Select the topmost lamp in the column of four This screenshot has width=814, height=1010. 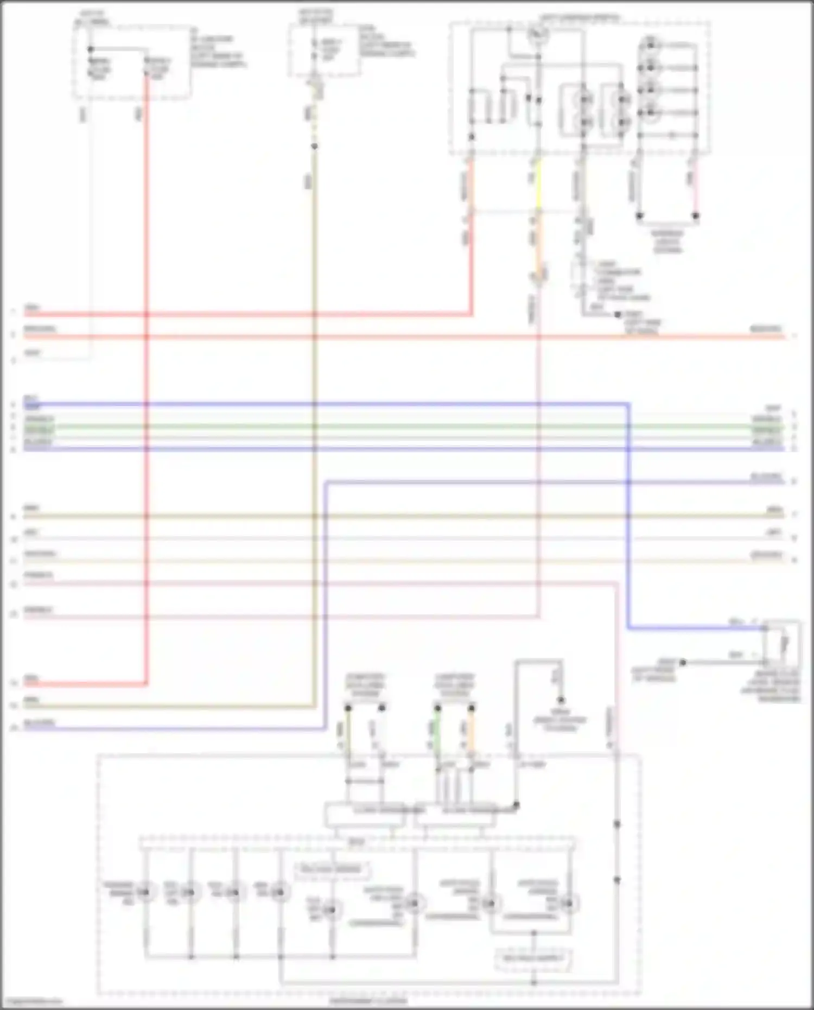pyautogui.click(x=650, y=45)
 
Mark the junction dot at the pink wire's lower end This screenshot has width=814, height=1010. pyautogui.click(x=696, y=216)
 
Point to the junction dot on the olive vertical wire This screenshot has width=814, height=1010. pyautogui.click(x=314, y=147)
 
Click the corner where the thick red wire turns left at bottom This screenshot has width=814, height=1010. pyautogui.click(x=147, y=684)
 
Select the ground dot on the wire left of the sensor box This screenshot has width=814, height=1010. pyautogui.click(x=683, y=663)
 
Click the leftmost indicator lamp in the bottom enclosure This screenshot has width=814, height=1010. pyautogui.click(x=145, y=892)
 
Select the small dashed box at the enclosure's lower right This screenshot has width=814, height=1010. pyautogui.click(x=533, y=958)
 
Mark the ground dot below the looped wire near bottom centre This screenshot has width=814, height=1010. pyautogui.click(x=561, y=700)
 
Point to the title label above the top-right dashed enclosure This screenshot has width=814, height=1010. pyautogui.click(x=578, y=17)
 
